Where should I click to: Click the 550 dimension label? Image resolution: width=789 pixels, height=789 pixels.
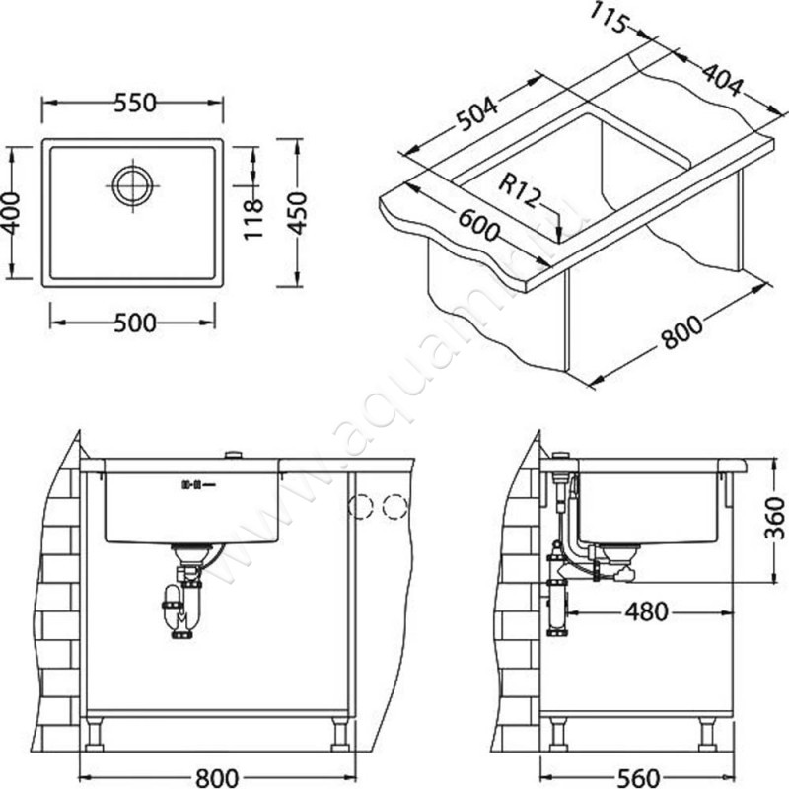[x=132, y=103]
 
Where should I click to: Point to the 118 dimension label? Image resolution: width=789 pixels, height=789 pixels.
[x=253, y=218]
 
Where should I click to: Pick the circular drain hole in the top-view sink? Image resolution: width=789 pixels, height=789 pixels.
[x=132, y=184]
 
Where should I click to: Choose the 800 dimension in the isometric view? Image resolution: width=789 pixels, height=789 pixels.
[x=683, y=333]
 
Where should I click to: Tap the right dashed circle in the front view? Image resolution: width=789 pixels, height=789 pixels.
[x=394, y=507]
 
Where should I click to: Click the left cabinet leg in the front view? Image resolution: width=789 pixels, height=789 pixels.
[x=95, y=734]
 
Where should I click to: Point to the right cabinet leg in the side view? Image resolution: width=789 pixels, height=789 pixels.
[x=706, y=733]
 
